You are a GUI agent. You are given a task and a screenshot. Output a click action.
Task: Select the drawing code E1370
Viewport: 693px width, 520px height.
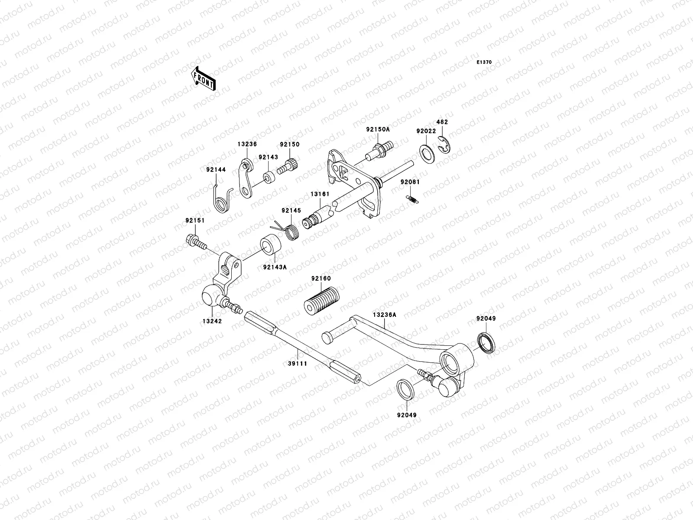point(484,62)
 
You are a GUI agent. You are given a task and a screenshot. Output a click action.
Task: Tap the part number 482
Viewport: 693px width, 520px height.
point(442,122)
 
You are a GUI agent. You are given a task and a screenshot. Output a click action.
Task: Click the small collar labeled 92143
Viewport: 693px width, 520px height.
point(269,178)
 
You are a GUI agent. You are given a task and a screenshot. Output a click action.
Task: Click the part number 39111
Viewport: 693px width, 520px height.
point(298,364)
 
